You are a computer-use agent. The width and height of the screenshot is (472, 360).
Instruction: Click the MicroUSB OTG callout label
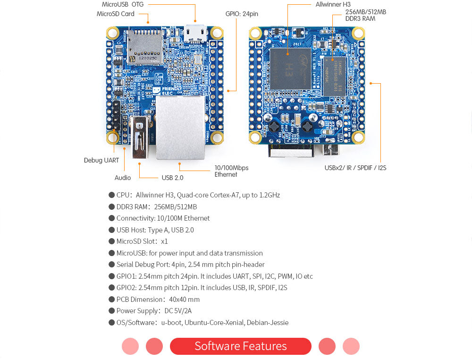[x=122, y=4]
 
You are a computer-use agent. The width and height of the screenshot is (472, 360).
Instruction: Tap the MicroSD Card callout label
[x=115, y=14]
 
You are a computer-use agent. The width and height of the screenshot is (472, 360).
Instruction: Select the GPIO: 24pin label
[x=242, y=14]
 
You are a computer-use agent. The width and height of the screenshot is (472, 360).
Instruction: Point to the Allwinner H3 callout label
[x=333, y=4]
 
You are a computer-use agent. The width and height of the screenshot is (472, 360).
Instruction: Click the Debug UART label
[x=101, y=160]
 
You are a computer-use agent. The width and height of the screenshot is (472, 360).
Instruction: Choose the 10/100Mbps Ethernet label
[x=231, y=171]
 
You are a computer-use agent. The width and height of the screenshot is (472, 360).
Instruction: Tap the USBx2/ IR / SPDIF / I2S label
[x=355, y=168]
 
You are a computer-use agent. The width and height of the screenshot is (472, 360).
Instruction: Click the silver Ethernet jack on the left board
[x=180, y=127]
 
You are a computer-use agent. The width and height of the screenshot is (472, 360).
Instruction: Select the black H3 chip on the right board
[x=290, y=69]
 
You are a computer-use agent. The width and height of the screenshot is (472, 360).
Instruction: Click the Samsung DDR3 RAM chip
[x=335, y=75]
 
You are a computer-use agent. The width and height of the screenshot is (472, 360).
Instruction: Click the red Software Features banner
[x=240, y=346]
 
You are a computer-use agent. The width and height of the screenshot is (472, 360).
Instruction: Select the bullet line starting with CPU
[x=198, y=195]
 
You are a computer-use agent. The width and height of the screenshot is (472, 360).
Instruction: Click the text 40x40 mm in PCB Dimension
[x=184, y=300]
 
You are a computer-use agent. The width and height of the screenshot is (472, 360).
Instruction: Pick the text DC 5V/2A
[x=178, y=311]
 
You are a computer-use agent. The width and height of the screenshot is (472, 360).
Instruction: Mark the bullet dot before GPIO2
[x=112, y=288]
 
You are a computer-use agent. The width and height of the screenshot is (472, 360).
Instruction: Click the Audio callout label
[x=123, y=178]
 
